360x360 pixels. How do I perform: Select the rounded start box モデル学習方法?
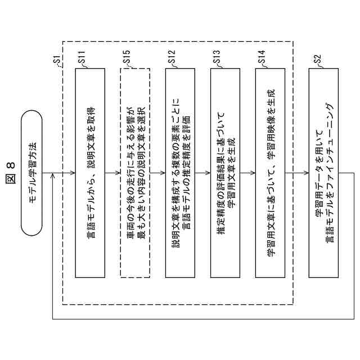(32, 173)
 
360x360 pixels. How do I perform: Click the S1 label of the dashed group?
(56, 58)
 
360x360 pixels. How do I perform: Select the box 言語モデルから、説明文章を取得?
(90, 173)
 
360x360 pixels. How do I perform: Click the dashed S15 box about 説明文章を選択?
(135, 173)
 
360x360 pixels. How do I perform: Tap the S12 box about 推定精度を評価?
(180, 173)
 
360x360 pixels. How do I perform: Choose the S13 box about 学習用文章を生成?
(225, 173)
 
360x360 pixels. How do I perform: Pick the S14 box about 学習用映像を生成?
(270, 173)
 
